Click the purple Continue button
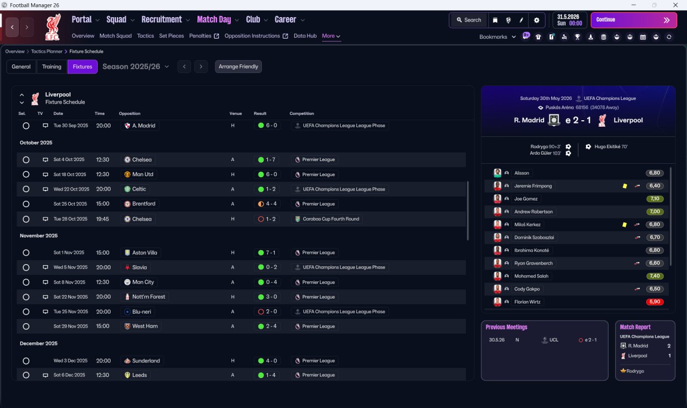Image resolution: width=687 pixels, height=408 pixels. (634, 20)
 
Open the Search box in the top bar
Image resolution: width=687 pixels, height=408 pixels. (469, 20)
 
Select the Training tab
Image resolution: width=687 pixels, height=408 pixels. (52, 67)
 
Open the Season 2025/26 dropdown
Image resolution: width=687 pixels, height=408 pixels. (136, 67)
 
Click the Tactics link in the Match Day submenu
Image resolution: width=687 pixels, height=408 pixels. (145, 36)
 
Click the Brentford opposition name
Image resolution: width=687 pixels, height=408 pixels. (143, 203)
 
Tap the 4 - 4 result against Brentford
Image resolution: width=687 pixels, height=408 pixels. (271, 203)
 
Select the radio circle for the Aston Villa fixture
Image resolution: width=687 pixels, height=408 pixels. (26, 253)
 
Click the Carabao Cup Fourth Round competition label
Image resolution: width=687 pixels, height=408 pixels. (331, 219)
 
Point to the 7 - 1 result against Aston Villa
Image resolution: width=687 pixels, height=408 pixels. (271, 253)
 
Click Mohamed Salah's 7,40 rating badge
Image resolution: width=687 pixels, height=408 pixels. (655, 276)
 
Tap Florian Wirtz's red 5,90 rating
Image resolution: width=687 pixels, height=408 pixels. (655, 302)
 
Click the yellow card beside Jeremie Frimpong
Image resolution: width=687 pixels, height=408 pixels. (625, 186)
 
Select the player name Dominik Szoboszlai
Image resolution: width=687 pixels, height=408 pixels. (534, 237)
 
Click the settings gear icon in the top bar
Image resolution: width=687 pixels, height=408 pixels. (536, 20)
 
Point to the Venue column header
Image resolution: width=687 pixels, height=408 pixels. (236, 113)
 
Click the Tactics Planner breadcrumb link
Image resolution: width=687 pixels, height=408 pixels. (47, 52)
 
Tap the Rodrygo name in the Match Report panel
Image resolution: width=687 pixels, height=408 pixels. (635, 371)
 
